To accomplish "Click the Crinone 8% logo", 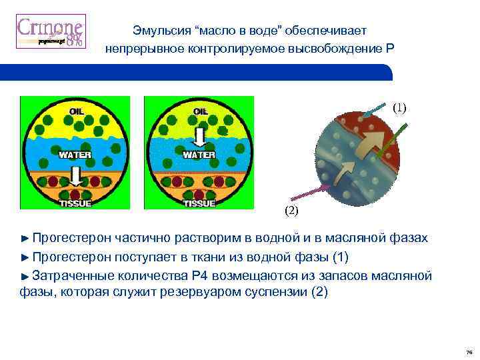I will click(x=50, y=32).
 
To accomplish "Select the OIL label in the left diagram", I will click(x=77, y=110).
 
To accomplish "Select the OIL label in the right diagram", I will click(x=199, y=110).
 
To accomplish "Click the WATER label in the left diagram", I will click(x=75, y=155).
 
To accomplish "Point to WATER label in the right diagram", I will click(x=199, y=155).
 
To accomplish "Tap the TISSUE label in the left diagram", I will click(x=75, y=203).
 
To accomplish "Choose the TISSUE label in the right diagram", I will click(x=199, y=203).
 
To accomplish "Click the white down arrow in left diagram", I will click(x=76, y=176).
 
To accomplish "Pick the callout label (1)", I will click(x=399, y=107).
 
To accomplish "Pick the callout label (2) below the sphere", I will click(x=292, y=211).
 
